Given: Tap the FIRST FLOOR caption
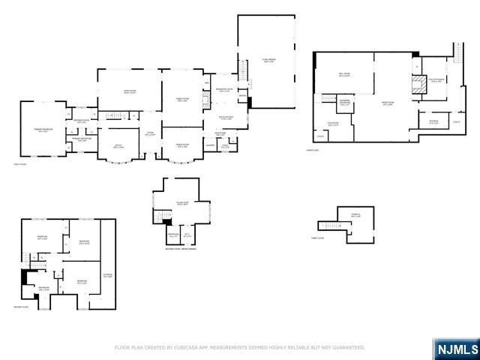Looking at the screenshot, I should pyautogui.click(x=20, y=166).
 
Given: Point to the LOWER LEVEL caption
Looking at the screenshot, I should pyautogui.click(x=321, y=148).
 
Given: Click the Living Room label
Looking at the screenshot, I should pyautogui.click(x=129, y=92).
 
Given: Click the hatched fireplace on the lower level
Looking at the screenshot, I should pyautogui.click(x=422, y=85).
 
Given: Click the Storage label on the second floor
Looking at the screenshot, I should pyautogui.click(x=107, y=275).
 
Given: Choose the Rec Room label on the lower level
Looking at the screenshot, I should pyautogui.click(x=344, y=75).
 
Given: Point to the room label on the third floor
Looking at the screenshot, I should pyautogui.click(x=355, y=215).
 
